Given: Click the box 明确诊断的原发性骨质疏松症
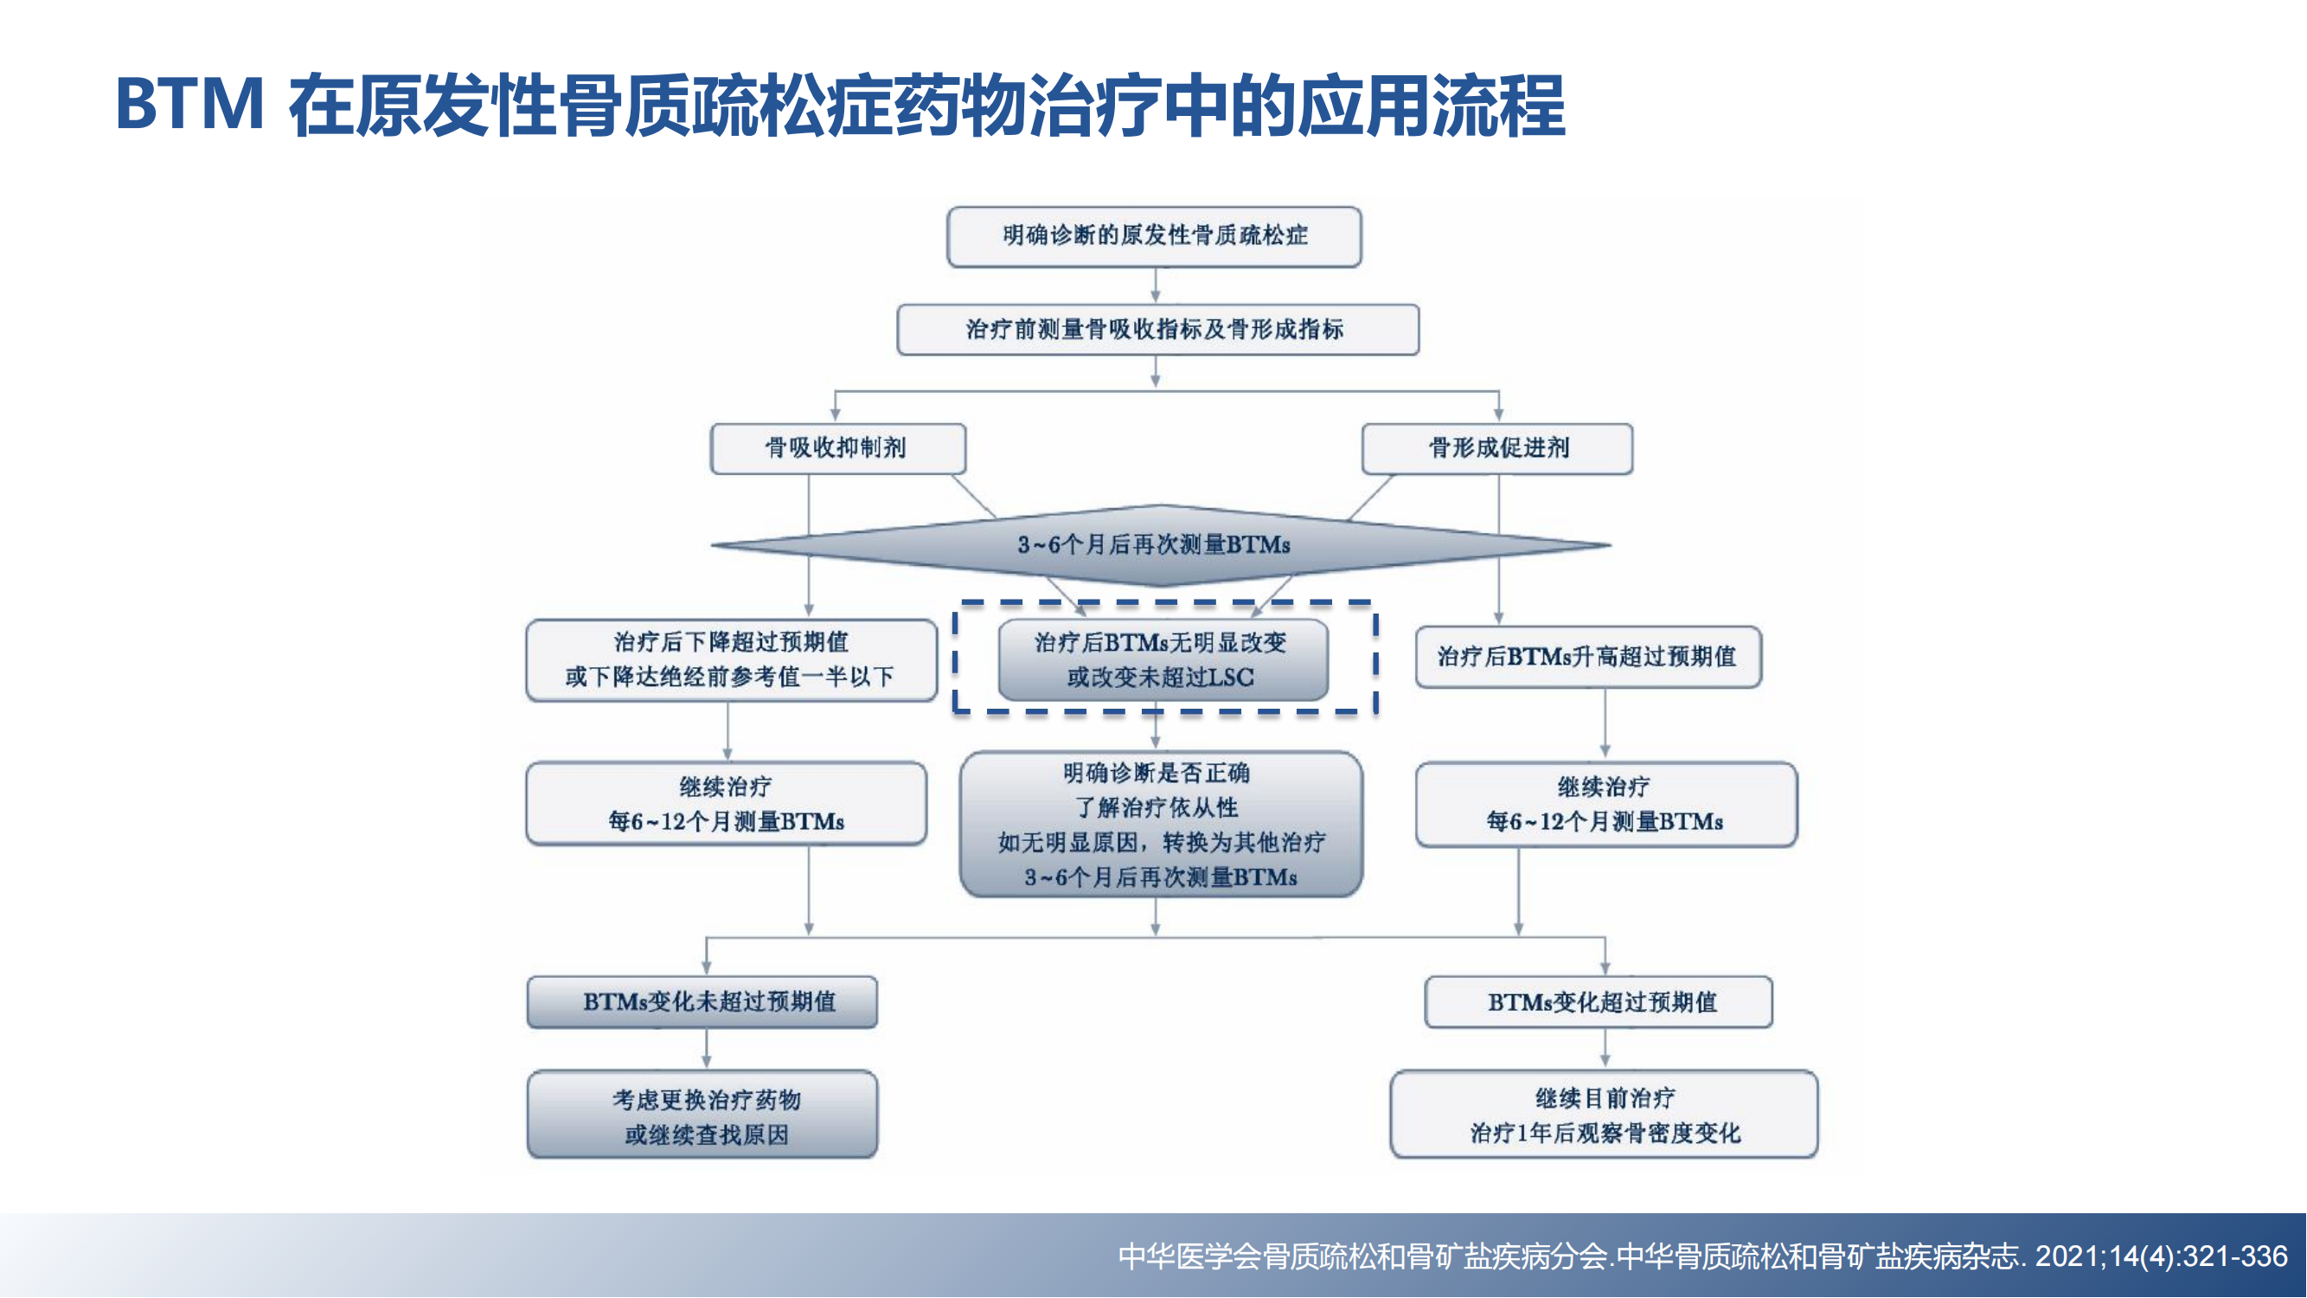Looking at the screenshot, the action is (1155, 236).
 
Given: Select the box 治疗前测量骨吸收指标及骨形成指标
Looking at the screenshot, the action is (1158, 330).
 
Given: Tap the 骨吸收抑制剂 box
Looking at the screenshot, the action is (838, 448).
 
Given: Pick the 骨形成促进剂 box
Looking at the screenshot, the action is (1497, 448).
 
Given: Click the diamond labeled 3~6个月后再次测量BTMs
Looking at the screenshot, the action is (1161, 544).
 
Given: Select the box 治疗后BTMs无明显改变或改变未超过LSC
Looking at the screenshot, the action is (1163, 659).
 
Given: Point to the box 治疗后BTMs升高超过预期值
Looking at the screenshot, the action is (1589, 657).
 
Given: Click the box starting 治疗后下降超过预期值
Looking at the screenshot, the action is (732, 659).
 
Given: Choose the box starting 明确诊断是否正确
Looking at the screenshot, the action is (1162, 824).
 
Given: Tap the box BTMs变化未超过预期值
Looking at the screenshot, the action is (703, 1001).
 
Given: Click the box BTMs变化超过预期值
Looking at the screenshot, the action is (1599, 1001).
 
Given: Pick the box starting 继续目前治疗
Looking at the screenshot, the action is (1605, 1115).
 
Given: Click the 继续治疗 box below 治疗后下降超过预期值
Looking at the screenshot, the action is (727, 804).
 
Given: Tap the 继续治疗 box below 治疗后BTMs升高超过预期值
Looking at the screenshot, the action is (1606, 805).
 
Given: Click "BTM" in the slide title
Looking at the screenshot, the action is (189, 105).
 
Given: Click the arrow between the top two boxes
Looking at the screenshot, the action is (1156, 286).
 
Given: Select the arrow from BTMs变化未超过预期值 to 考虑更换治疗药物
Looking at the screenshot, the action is (707, 1049).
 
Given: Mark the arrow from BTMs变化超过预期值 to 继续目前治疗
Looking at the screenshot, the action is (1605, 1049).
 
